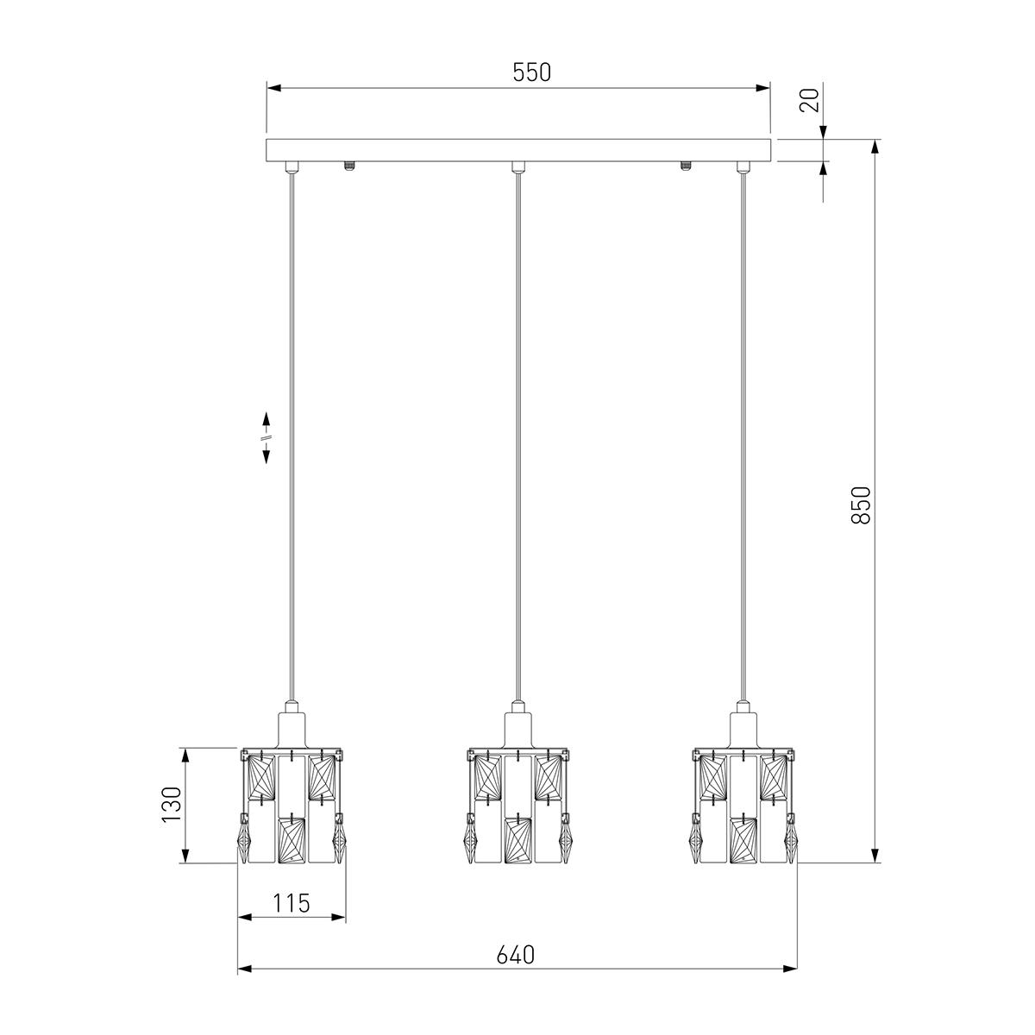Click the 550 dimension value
point(532,72)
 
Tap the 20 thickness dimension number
point(810,99)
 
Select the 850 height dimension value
point(861,505)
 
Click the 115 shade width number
point(292,903)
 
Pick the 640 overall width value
point(516,955)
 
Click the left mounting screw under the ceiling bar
point(349,165)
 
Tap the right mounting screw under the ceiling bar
point(685,165)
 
